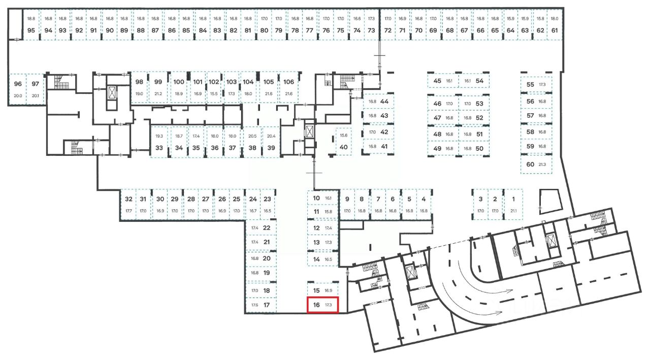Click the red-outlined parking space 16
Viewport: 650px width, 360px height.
pyautogui.click(x=323, y=305)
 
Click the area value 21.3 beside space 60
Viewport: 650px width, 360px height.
pyautogui.click(x=542, y=165)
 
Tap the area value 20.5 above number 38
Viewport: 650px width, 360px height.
pyautogui.click(x=252, y=136)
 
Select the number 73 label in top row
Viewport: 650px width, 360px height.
pyautogui.click(x=372, y=30)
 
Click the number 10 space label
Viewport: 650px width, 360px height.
pyautogui.click(x=316, y=198)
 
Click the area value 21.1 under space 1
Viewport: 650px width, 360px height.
pyautogui.click(x=513, y=211)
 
